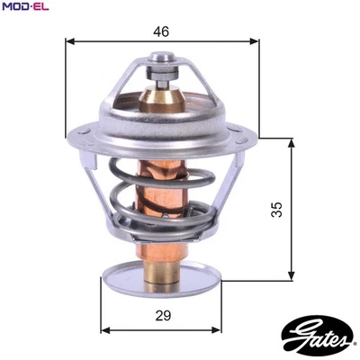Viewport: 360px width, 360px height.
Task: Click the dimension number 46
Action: [x=162, y=31]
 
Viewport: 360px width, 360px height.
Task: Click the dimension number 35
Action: [x=277, y=209]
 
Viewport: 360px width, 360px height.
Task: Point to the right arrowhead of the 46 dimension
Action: [x=255, y=40]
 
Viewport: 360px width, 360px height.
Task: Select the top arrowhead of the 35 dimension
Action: [x=291, y=142]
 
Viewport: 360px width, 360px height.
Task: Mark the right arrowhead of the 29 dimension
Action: [x=219, y=328]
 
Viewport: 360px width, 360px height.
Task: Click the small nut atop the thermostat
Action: [x=162, y=60]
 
